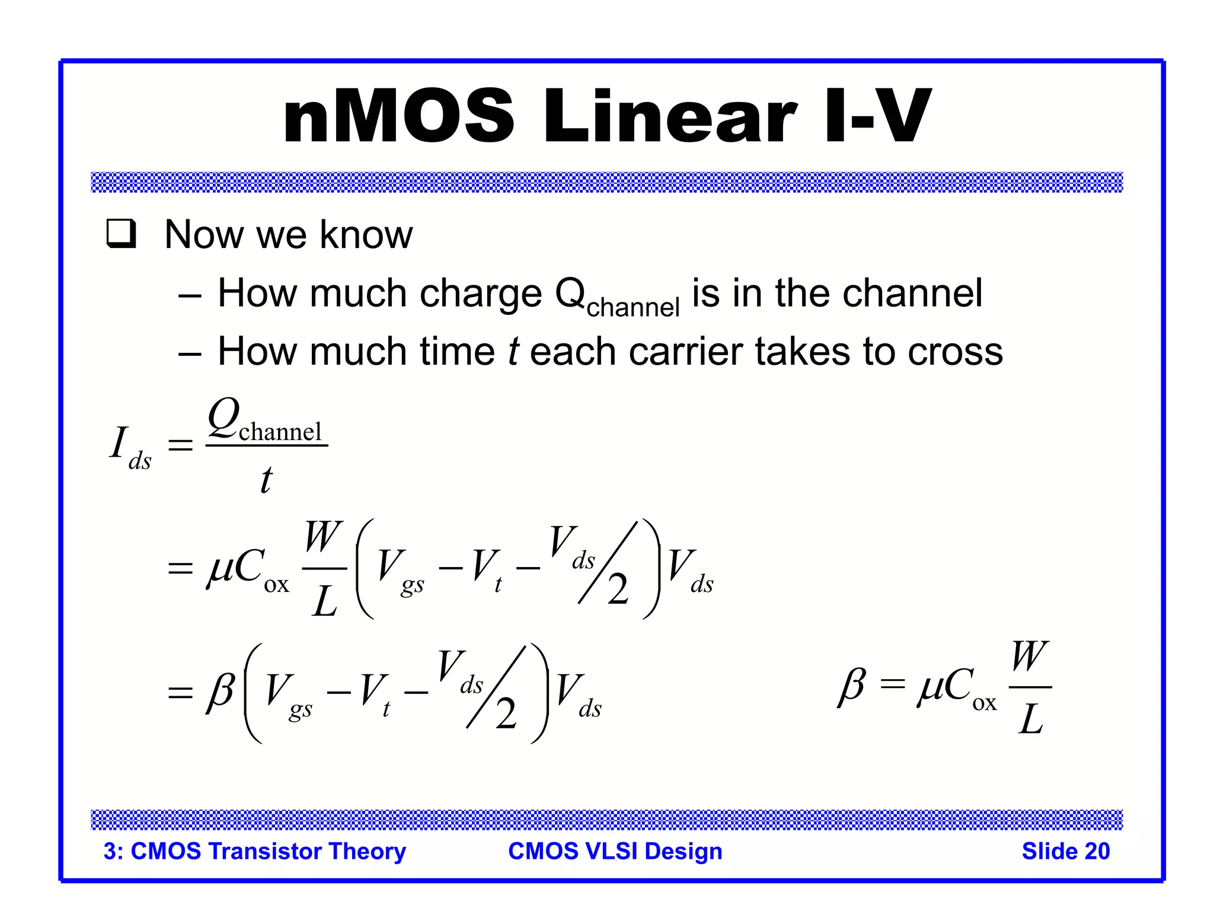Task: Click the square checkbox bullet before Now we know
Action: point(122,234)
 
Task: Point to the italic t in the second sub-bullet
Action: point(513,351)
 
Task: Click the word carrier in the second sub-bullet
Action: point(685,351)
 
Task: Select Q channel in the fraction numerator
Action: point(266,420)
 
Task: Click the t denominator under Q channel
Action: point(266,479)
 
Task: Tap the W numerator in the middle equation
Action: point(323,537)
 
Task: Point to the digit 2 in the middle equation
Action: point(618,590)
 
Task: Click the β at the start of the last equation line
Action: point(221,691)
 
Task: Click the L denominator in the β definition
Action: point(1030,719)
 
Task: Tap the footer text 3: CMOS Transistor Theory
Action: point(254,851)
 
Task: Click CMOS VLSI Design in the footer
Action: point(615,851)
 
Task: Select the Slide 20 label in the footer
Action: point(1065,851)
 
